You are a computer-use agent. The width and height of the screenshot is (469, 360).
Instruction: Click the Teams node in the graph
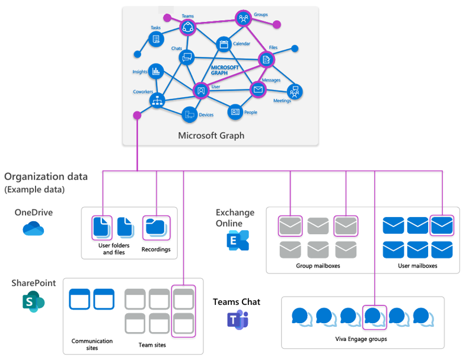click(x=188, y=26)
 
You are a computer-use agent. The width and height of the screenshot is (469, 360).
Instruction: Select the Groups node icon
click(x=243, y=18)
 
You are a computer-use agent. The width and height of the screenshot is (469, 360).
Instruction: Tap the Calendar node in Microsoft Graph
click(x=224, y=44)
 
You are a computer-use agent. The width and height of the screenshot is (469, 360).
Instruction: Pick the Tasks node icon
click(x=156, y=39)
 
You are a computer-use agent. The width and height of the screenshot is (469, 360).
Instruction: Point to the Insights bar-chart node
click(x=156, y=71)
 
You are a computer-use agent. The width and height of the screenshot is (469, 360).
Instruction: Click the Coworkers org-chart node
click(x=157, y=101)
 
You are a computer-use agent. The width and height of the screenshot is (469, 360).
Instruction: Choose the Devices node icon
click(x=189, y=115)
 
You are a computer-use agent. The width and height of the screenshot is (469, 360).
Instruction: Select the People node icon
click(x=235, y=111)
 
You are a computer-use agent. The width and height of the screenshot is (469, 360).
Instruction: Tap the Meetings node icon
click(x=294, y=91)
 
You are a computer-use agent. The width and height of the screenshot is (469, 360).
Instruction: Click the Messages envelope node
click(x=257, y=90)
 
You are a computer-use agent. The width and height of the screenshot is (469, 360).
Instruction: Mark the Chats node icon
click(x=187, y=58)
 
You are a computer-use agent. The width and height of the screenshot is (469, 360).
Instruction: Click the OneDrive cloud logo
click(x=33, y=228)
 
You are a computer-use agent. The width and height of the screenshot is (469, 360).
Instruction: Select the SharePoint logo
click(x=33, y=302)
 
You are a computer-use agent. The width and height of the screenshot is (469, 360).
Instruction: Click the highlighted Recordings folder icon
click(x=156, y=227)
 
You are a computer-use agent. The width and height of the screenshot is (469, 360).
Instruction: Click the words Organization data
click(x=46, y=176)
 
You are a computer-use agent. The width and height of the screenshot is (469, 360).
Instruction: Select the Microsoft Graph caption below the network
click(x=211, y=136)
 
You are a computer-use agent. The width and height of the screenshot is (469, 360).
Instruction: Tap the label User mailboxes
click(x=417, y=266)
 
